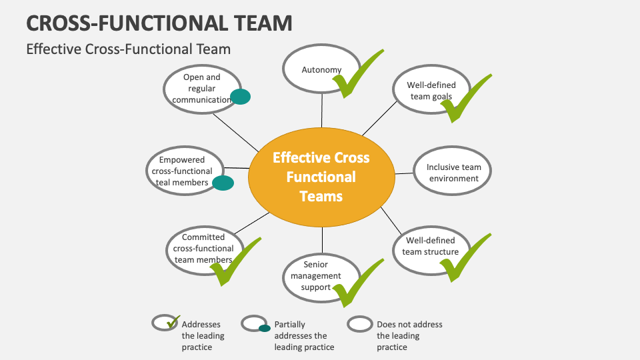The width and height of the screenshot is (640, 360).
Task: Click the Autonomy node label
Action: tap(321, 70)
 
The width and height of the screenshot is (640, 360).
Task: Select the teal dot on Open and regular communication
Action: tap(239, 97)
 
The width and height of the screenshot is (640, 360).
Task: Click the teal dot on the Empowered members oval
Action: tap(223, 183)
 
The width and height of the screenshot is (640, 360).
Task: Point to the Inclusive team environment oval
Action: tap(453, 173)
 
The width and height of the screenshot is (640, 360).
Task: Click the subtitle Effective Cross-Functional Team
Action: tap(128, 49)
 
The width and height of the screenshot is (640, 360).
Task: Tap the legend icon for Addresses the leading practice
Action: tap(165, 323)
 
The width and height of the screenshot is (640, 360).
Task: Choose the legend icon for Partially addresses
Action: tap(255, 325)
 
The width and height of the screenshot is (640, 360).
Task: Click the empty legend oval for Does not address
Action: tap(361, 324)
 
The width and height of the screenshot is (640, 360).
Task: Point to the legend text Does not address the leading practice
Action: tap(409, 335)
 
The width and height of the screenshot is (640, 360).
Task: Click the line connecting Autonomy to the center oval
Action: tap(322, 109)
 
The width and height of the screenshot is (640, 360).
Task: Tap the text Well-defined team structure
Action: tap(431, 246)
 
